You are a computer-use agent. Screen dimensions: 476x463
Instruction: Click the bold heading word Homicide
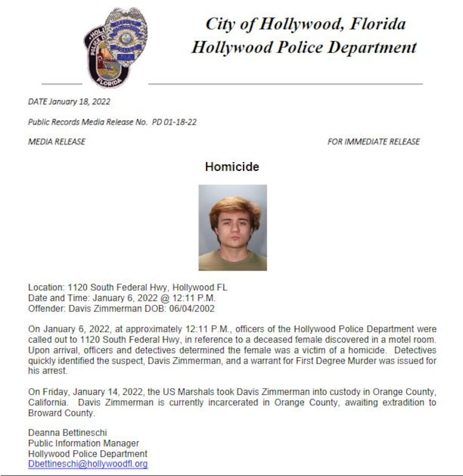(231, 167)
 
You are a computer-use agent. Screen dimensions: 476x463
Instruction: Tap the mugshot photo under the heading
(233, 228)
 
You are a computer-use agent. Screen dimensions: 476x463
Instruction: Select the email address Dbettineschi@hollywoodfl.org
(88, 464)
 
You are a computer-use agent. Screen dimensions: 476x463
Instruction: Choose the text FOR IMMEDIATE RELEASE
(373, 142)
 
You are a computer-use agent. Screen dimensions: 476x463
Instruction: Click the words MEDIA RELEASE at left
(57, 142)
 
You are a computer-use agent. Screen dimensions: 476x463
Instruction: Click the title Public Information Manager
(83, 444)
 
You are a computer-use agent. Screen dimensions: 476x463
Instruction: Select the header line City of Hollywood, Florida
(305, 24)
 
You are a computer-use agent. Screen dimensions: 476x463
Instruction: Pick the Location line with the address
(127, 288)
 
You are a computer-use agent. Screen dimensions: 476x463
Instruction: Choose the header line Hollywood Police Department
(304, 47)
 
